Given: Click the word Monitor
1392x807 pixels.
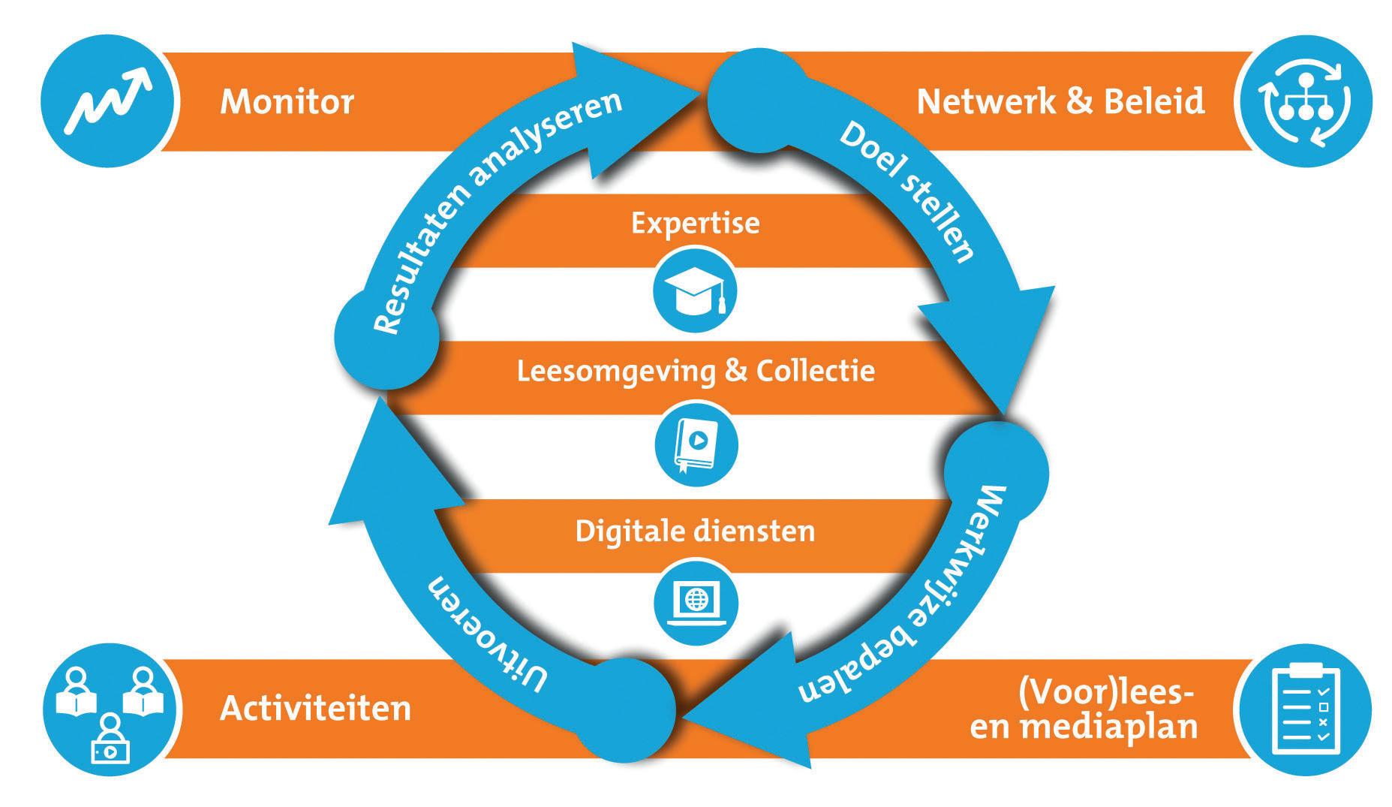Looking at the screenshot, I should (x=287, y=101).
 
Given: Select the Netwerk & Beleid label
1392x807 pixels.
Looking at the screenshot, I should (x=1060, y=101).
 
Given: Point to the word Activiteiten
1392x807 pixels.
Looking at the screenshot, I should (x=315, y=709).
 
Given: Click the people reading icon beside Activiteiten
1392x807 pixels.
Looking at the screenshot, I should (x=111, y=710).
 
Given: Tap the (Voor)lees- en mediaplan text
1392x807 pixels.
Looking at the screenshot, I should (x=1084, y=710).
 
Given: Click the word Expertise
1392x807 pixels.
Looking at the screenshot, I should (x=695, y=223).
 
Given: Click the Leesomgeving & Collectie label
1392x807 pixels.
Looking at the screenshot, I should (x=696, y=371).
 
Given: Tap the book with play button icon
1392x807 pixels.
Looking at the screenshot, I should (x=696, y=445).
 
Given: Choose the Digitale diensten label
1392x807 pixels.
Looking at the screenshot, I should (x=695, y=531).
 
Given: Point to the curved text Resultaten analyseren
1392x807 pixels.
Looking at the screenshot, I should (x=480, y=203).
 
